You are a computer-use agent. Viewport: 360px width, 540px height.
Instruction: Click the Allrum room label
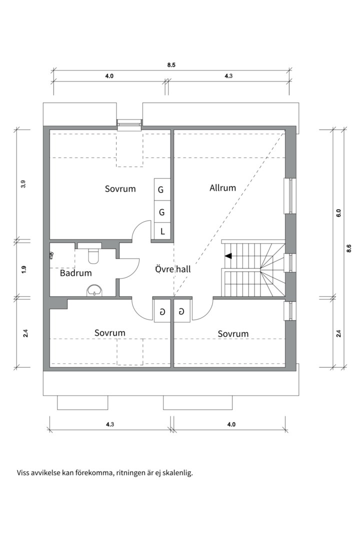(x=222, y=188)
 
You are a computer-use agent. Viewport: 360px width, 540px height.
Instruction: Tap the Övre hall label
(x=172, y=269)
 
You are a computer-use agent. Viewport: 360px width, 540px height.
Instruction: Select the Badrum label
(x=76, y=273)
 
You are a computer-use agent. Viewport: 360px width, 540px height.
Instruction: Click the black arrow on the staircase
(x=228, y=256)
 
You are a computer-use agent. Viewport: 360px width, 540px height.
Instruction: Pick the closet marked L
(x=162, y=231)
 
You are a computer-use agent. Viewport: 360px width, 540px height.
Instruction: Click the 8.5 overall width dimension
(x=171, y=65)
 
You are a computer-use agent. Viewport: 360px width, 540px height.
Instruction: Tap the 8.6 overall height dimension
(x=349, y=248)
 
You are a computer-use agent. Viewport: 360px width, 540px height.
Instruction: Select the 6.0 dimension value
(x=338, y=212)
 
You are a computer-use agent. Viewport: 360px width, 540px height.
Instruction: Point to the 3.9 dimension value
(x=23, y=183)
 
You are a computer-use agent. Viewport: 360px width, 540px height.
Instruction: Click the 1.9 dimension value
(x=23, y=269)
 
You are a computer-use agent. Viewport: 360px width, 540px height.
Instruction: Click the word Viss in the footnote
(x=24, y=471)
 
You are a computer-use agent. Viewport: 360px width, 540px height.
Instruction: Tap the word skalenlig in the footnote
(x=176, y=471)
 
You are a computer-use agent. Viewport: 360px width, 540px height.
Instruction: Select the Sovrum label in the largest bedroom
(x=120, y=188)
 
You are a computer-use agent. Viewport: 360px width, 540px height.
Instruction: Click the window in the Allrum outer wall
(x=288, y=195)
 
